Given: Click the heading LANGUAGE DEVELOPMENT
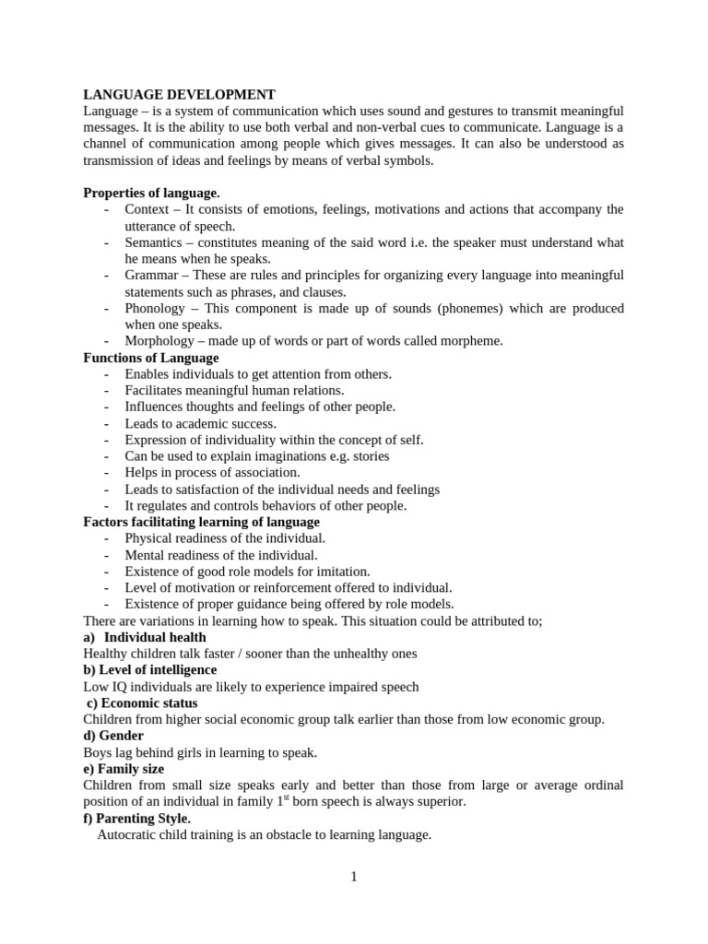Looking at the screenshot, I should point(179,94).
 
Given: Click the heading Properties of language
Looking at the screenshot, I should point(151,193).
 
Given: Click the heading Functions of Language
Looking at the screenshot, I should point(151,358).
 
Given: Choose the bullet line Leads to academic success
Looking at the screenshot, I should point(200,423).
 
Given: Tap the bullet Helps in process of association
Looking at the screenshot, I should point(212,472).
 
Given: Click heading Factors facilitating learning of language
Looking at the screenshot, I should point(201,522).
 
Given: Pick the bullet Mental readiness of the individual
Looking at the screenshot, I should point(220,555).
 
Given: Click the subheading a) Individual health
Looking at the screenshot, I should point(145,637).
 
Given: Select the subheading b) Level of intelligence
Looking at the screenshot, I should point(149,669).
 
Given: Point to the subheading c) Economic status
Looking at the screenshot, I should point(141,702).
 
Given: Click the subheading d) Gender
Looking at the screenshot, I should point(113,736).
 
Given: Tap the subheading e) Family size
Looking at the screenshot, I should point(124,769).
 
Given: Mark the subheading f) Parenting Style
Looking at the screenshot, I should point(137,818).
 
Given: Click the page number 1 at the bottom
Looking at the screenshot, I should point(353,877).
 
